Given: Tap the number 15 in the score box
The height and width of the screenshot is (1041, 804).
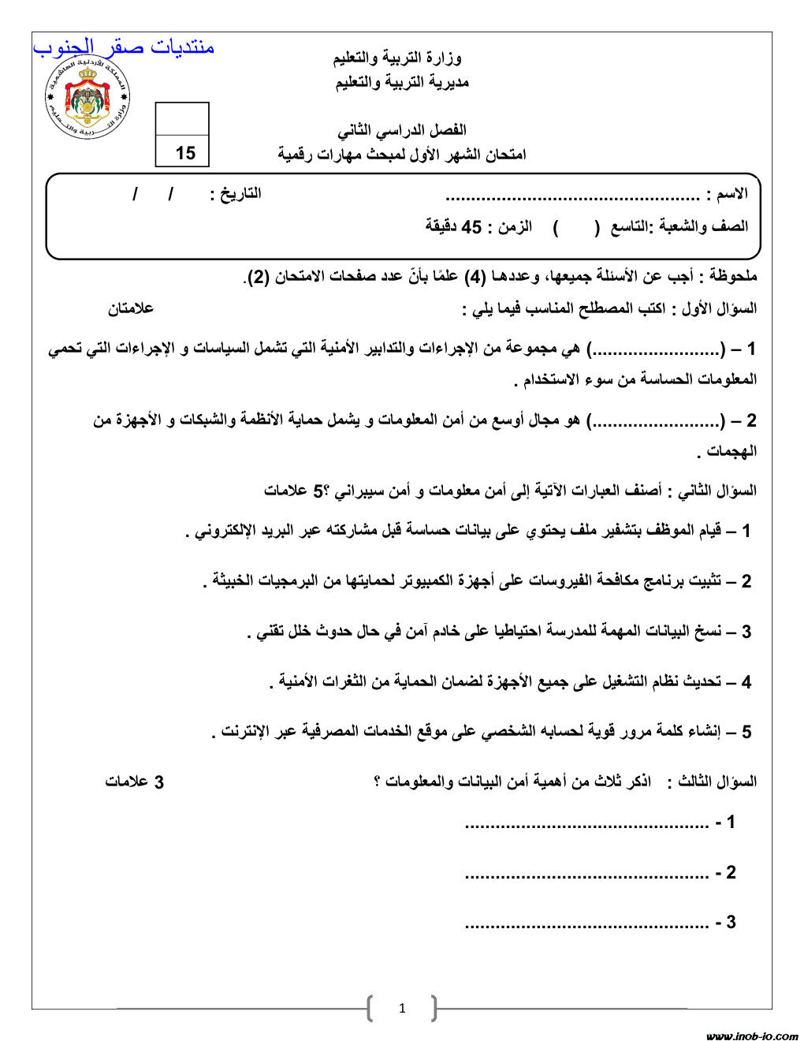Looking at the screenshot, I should click(185, 153).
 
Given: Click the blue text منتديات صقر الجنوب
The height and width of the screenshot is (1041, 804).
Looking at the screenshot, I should click(124, 47).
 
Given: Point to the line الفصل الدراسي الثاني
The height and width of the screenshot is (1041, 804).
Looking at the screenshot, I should click(402, 129).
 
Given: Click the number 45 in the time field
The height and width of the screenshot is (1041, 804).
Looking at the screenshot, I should click(471, 227).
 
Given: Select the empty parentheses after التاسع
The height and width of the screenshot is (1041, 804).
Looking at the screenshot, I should click(576, 227).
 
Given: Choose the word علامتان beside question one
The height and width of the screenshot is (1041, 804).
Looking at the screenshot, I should click(131, 308).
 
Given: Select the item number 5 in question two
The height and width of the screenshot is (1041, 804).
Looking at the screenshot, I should click(746, 732).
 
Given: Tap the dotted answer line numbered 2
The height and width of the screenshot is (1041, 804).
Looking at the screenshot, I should click(587, 874).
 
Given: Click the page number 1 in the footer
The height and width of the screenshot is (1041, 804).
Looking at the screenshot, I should click(402, 1008).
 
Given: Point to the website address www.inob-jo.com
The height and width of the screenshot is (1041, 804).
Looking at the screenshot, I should click(751, 1035).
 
